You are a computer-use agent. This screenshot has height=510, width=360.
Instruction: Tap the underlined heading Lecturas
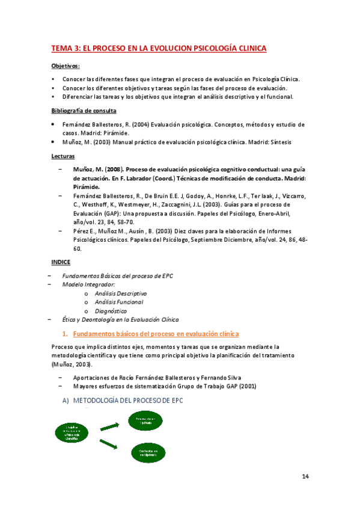(63, 156)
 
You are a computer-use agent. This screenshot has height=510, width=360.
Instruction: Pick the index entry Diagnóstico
(111, 311)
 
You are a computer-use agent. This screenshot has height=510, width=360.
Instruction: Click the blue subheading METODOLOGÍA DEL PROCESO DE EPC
(127, 401)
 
